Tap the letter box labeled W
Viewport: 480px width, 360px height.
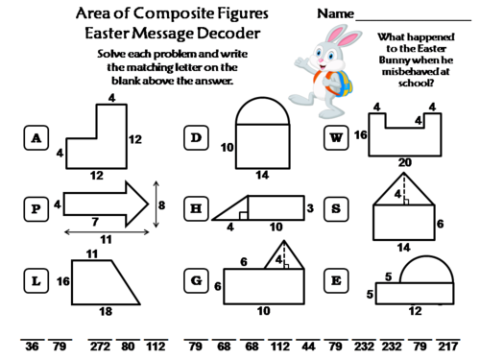click(338, 137)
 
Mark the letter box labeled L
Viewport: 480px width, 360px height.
click(36, 280)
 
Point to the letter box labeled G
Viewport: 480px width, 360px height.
click(197, 280)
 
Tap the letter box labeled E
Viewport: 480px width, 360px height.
click(338, 280)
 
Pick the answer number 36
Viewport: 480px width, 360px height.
click(33, 347)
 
